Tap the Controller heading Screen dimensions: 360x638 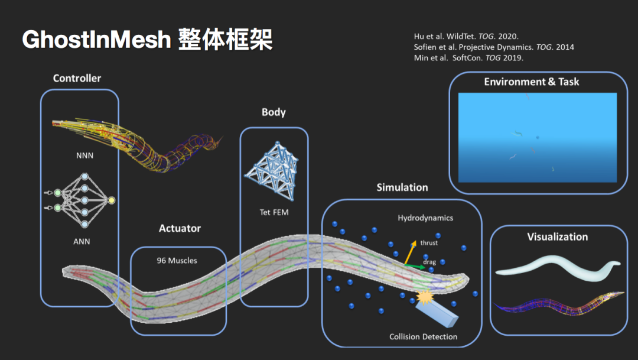point(77,78)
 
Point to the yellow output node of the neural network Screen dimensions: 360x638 point(112,200)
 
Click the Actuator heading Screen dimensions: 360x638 point(180,228)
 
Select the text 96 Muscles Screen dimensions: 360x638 point(177,260)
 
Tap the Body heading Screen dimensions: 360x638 point(274,112)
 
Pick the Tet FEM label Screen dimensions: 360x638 point(274,212)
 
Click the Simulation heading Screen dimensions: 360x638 point(402,187)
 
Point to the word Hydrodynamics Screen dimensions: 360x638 point(425,218)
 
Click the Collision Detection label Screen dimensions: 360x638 point(423,337)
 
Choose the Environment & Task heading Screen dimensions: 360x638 point(532,82)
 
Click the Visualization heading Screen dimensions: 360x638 point(558,236)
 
